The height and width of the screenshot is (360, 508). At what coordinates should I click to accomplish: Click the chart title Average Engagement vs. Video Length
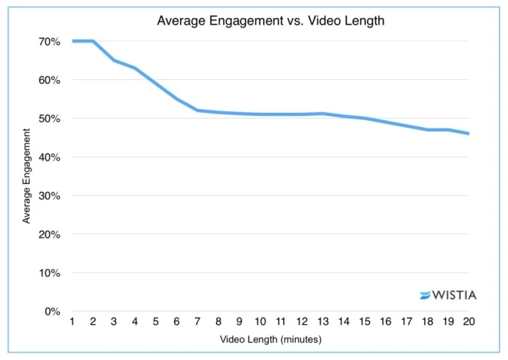point(270,21)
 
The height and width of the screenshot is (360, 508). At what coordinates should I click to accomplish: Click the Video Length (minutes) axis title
point(270,340)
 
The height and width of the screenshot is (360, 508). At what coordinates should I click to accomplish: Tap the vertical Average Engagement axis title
point(27,176)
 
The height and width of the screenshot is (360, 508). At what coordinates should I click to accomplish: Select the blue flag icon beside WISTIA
point(426,295)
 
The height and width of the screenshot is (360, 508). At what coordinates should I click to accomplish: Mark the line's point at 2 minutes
point(93,41)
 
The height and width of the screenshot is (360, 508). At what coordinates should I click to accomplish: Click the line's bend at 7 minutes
point(197,111)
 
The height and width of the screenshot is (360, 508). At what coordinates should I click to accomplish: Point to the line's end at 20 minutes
point(468,134)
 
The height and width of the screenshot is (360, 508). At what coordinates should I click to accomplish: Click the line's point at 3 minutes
point(114,60)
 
